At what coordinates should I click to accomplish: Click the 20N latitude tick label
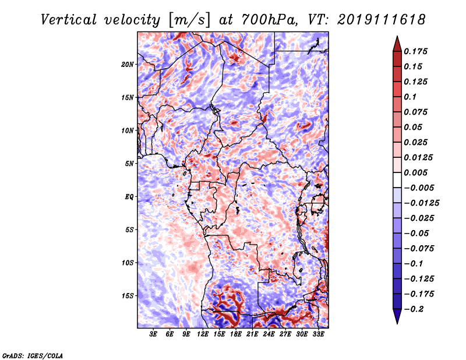(x=128, y=64)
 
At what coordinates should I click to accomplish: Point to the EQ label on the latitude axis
(x=129, y=197)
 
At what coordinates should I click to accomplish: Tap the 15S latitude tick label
(x=128, y=296)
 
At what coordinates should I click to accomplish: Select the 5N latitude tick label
(x=129, y=164)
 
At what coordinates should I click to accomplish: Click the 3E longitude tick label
(x=154, y=335)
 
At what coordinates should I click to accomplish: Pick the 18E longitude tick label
(x=236, y=335)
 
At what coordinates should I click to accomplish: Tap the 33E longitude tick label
(x=319, y=335)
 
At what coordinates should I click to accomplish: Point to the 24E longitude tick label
(x=269, y=335)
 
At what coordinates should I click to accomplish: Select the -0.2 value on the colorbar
(x=415, y=309)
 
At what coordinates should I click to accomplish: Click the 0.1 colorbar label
(x=409, y=97)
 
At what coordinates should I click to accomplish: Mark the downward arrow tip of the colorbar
(x=396, y=322)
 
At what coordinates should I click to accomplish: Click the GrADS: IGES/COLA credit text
(x=33, y=355)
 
